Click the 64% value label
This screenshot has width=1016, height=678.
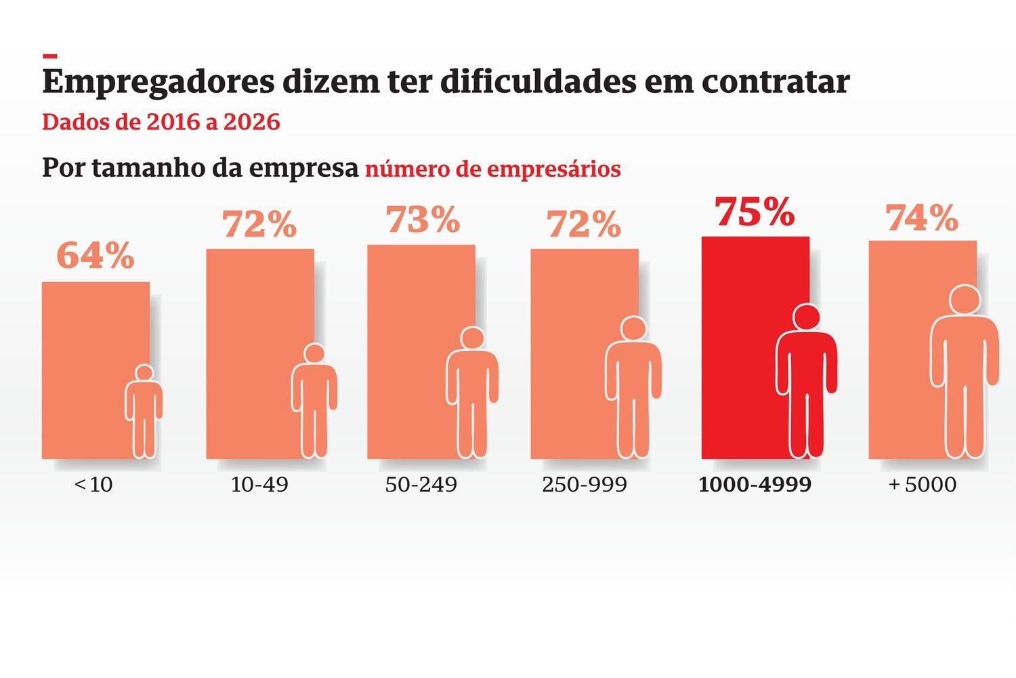tap(96, 256)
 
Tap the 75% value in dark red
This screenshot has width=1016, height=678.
tap(755, 212)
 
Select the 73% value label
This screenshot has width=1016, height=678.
tap(423, 220)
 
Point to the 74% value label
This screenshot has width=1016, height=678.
tap(922, 218)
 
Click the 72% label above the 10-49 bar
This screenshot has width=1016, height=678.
tap(259, 224)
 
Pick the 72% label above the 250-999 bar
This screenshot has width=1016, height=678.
tap(584, 224)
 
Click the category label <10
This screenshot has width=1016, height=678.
tap(93, 485)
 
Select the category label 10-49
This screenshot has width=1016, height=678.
tap(259, 485)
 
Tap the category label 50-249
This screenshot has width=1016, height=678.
tap(421, 485)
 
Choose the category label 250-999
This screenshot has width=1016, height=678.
tap(584, 485)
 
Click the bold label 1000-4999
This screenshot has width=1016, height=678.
tap(755, 485)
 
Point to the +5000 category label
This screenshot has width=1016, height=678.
tap(922, 485)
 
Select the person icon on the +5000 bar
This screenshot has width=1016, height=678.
tap(965, 373)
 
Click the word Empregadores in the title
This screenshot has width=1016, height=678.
tap(158, 82)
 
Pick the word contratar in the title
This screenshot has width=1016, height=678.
tap(776, 82)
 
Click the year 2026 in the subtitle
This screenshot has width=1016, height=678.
tap(251, 122)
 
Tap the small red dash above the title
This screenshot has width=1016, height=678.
tap(49, 56)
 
